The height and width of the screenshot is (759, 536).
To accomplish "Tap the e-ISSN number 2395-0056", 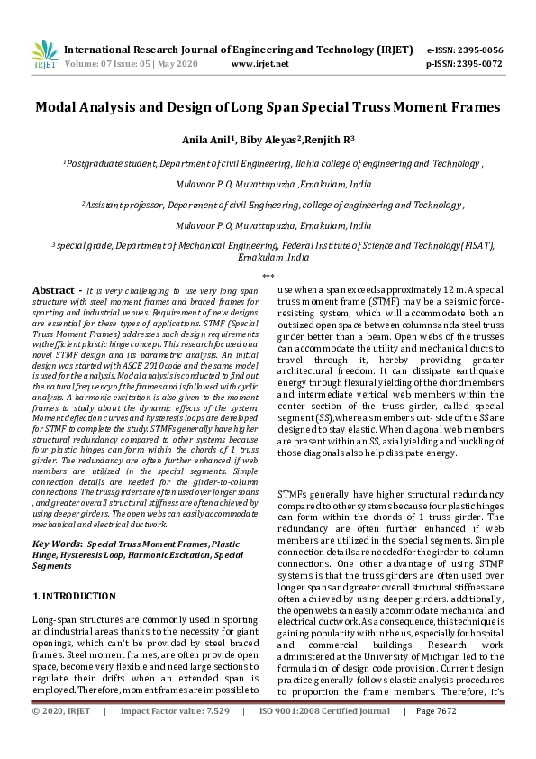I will point(478,50).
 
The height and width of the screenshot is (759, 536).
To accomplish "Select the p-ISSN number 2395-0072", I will point(478,64).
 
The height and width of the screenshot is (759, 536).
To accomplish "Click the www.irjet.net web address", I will point(259,64).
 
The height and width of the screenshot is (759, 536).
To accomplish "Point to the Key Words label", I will point(57,544).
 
